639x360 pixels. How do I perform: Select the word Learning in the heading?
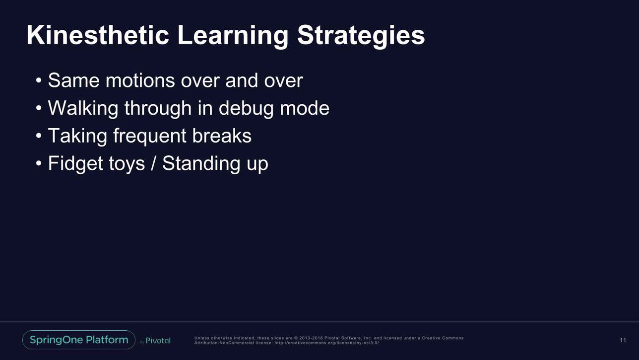click(233, 37)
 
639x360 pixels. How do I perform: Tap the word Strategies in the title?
click(361, 37)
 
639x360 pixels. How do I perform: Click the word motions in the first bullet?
click(140, 80)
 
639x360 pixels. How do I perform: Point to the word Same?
click(73, 80)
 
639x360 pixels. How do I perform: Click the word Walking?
click(83, 109)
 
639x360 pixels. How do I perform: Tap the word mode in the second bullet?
click(305, 108)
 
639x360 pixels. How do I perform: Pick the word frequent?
click(150, 137)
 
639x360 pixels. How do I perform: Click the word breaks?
click(222, 136)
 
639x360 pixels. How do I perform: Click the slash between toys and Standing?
click(153, 163)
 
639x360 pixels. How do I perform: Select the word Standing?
click(201, 164)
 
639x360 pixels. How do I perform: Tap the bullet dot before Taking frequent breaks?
click(39, 136)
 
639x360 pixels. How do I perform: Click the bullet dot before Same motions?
click(39, 80)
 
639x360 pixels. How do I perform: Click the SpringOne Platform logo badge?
click(79, 340)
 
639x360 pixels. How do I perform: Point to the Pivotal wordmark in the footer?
click(158, 340)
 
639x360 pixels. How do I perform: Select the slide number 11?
click(623, 340)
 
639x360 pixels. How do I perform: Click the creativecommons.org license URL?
click(326, 343)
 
